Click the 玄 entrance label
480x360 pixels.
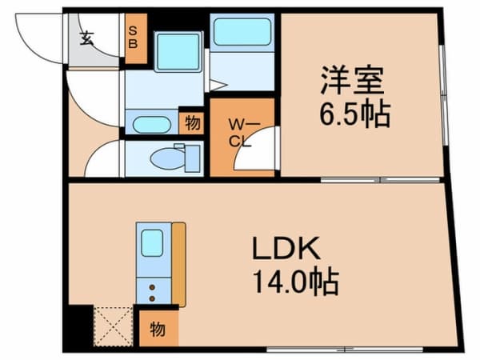(86, 38)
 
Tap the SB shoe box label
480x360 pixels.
(133, 37)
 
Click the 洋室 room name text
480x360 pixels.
(352, 80)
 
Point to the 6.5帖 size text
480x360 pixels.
(355, 115)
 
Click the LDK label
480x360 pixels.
(286, 248)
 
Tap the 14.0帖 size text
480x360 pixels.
(296, 282)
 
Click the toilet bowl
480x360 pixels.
(168, 158)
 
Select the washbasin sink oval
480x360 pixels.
(151, 125)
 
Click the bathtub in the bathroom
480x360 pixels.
(242, 31)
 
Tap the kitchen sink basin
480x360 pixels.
(152, 242)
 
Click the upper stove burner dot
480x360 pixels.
(152, 287)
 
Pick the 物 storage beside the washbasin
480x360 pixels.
(192, 123)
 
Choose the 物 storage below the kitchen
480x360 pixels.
(158, 329)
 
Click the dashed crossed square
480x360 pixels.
(114, 326)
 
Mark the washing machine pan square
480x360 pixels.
(178, 52)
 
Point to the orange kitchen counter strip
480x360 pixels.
(178, 265)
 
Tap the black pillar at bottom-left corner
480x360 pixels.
(78, 326)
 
